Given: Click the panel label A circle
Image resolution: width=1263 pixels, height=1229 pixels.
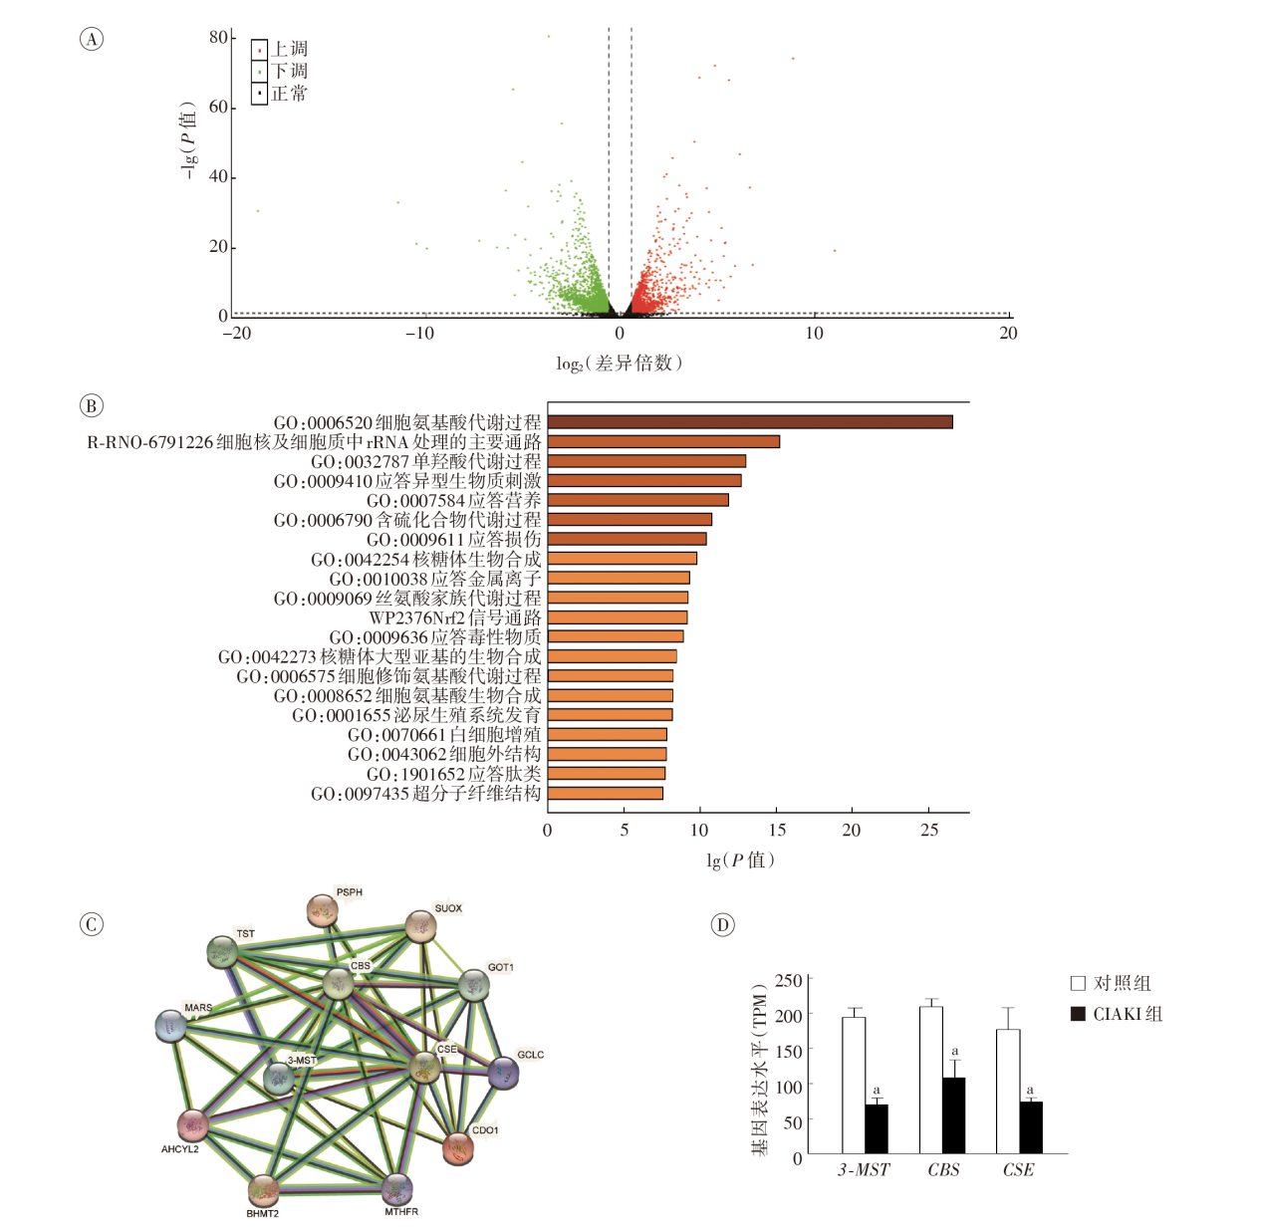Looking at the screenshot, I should click(x=91, y=39).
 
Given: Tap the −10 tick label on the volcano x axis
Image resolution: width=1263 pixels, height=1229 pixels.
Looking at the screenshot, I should click(x=419, y=334).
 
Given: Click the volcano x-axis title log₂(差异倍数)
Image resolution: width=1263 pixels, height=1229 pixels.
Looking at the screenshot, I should click(x=619, y=364).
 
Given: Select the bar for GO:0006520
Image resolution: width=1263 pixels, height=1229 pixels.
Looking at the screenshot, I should click(x=750, y=422).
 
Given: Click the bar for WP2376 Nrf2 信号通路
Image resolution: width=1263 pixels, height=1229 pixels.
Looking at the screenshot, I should click(x=618, y=617).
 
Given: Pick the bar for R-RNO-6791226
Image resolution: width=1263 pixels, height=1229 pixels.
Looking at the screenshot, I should click(x=663, y=441).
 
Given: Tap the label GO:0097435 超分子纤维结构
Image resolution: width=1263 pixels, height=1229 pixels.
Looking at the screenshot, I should click(x=426, y=794).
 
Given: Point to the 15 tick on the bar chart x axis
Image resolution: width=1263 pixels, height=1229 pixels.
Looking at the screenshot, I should click(x=777, y=830).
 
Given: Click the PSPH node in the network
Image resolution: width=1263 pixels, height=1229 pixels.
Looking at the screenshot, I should click(x=322, y=909).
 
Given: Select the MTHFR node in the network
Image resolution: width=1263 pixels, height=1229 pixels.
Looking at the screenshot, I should click(x=396, y=1188).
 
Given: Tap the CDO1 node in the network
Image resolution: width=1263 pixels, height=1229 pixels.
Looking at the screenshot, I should click(x=458, y=1148).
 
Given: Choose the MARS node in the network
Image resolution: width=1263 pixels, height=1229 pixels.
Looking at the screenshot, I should click(x=171, y=1026).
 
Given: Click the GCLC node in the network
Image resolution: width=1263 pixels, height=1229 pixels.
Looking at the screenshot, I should click(x=504, y=1073).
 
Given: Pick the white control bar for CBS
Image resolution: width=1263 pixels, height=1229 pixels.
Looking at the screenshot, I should click(x=930, y=1080).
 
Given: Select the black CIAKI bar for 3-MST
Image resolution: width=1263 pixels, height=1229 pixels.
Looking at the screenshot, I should click(x=877, y=1128).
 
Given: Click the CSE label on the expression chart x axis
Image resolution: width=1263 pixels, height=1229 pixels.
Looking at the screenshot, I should click(x=1018, y=1170).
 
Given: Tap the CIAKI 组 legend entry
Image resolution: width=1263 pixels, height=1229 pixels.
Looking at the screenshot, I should click(x=1117, y=1014).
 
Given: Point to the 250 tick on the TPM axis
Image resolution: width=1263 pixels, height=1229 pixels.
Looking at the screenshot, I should click(x=789, y=980).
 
